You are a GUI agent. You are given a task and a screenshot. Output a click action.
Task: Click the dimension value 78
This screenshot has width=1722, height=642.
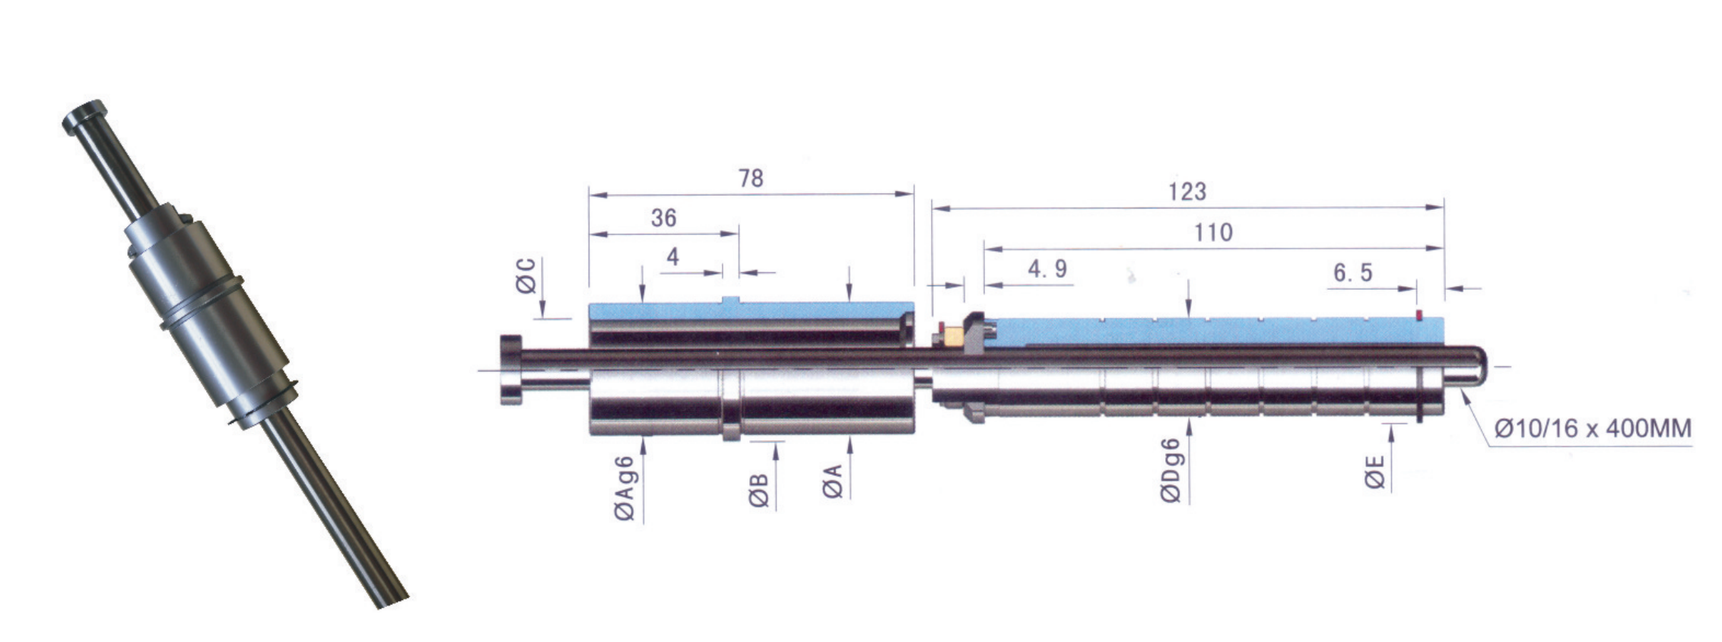[751, 178]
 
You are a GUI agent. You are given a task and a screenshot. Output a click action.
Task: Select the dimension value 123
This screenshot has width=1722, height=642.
[1187, 192]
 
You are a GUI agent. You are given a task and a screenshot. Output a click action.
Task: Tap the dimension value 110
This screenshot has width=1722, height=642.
[1212, 233]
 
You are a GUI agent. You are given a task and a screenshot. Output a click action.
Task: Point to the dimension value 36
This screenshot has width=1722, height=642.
[663, 218]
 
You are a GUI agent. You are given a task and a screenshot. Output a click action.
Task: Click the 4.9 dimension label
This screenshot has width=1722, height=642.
[1047, 269]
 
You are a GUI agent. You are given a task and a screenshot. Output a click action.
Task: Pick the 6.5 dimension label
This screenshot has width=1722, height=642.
[1352, 272]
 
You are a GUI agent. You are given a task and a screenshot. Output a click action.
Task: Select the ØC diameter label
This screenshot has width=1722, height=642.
[526, 275]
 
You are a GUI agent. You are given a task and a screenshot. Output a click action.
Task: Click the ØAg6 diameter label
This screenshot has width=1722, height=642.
[624, 488]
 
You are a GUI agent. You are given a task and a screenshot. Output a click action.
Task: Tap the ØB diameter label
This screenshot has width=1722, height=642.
[758, 491]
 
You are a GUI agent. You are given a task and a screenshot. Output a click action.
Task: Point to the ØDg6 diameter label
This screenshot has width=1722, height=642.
[1171, 470]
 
